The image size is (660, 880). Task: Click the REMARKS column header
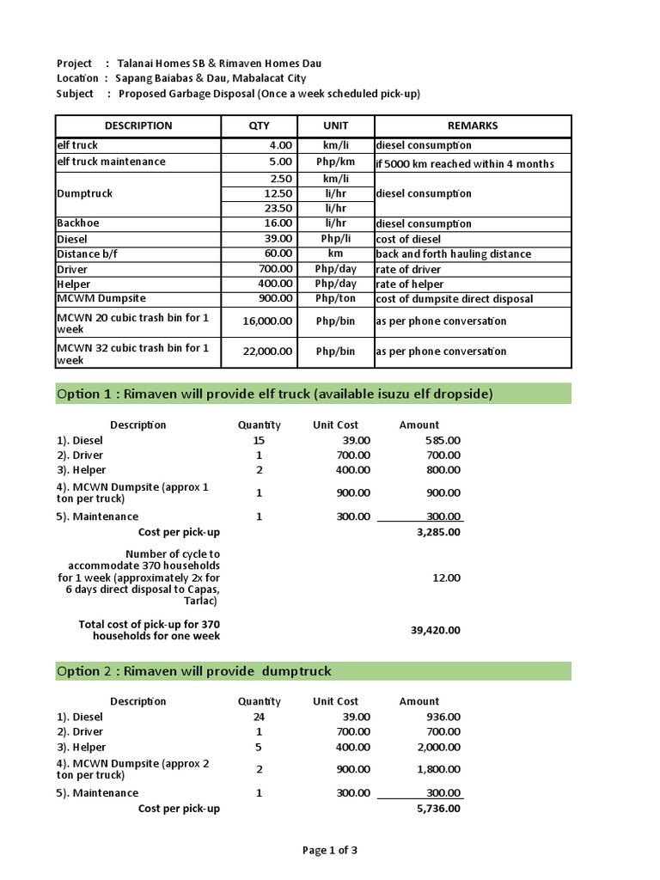pyautogui.click(x=472, y=125)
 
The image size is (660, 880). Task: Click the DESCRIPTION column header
pyautogui.click(x=137, y=125)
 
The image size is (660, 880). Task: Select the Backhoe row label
pyautogui.click(x=78, y=223)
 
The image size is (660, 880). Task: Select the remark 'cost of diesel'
pyautogui.click(x=408, y=239)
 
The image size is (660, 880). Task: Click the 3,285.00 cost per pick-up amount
pyautogui.click(x=438, y=532)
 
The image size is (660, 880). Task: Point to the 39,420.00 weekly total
pyautogui.click(x=437, y=630)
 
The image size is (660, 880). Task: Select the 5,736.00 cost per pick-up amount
pyautogui.click(x=438, y=809)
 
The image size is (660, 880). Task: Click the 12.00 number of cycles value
pyautogui.click(x=447, y=578)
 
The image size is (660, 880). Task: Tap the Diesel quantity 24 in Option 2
pyautogui.click(x=259, y=717)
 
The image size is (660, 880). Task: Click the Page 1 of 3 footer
pyautogui.click(x=329, y=851)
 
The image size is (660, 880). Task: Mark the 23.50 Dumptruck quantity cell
pyautogui.click(x=279, y=208)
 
